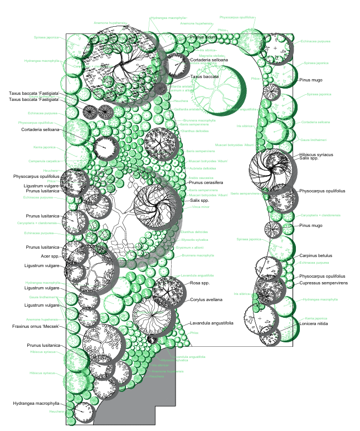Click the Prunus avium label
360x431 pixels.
[x=203, y=37]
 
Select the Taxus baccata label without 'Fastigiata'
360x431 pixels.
[x=204, y=76]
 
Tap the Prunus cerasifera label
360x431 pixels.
[x=206, y=182]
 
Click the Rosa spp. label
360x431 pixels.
[x=200, y=283]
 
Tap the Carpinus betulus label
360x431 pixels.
[x=315, y=256]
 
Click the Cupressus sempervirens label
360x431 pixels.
[x=323, y=284]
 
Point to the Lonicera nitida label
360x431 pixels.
[x=315, y=323]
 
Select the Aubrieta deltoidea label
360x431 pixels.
[x=202, y=168]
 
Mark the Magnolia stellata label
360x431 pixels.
[x=212, y=56]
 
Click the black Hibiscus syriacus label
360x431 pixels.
[x=315, y=154]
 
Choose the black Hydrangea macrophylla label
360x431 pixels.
[x=36, y=403]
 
